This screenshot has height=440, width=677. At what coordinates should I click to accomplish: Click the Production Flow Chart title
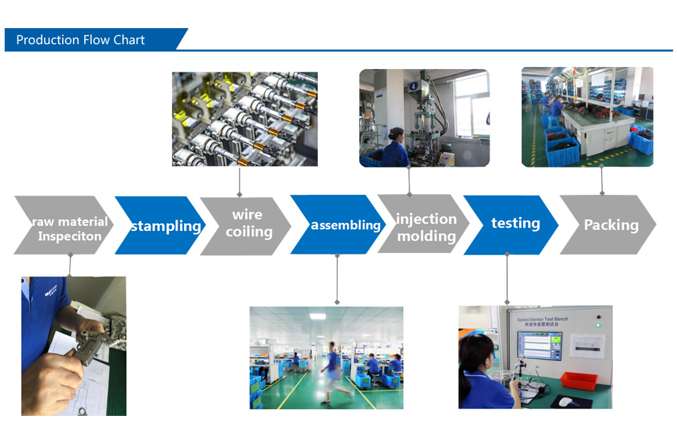[80, 40]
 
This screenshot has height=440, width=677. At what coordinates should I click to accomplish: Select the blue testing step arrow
[512, 224]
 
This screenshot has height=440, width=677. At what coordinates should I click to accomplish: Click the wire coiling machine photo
[245, 119]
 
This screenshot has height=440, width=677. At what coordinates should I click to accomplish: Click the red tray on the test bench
[579, 380]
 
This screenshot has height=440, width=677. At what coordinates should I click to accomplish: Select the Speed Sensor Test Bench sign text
[543, 321]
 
